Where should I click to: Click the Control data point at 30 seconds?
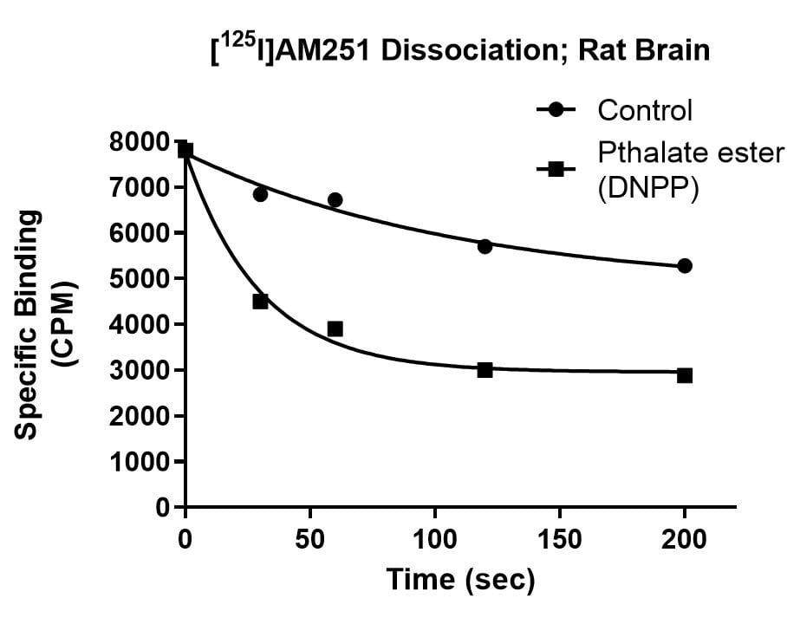pyautogui.click(x=260, y=194)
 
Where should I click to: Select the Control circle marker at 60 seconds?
pyautogui.click(x=335, y=200)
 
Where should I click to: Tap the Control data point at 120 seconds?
pyautogui.click(x=485, y=246)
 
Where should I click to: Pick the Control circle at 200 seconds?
pyautogui.click(x=685, y=266)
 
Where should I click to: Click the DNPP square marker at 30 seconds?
pyautogui.click(x=260, y=302)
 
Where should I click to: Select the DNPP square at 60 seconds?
pyautogui.click(x=335, y=328)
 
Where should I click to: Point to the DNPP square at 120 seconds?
pyautogui.click(x=485, y=370)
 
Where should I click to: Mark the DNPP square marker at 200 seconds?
pyautogui.click(x=685, y=375)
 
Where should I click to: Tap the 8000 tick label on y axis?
pyautogui.click(x=141, y=142)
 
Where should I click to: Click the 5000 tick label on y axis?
pyautogui.click(x=141, y=279)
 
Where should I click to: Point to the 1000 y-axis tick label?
pyautogui.click(x=141, y=462)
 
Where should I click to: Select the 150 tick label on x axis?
pyautogui.click(x=559, y=539)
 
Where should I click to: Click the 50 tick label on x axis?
pyautogui.click(x=309, y=539)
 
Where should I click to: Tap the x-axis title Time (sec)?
pyautogui.click(x=460, y=579)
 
